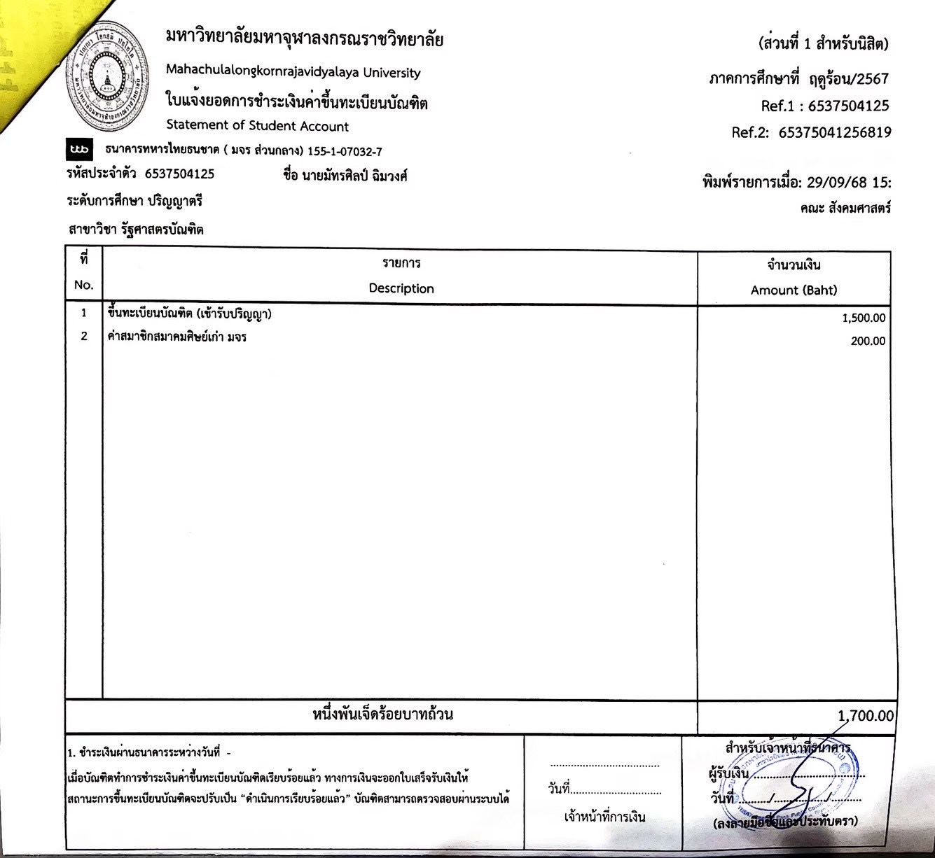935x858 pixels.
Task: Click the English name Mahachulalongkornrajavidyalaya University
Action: pos(293,72)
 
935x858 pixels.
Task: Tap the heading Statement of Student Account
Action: pos(257,126)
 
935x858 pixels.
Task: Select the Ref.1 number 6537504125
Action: pos(848,106)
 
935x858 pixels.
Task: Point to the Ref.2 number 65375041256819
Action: pos(835,132)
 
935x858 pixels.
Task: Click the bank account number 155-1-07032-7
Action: pos(345,151)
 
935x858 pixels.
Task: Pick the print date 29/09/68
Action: pos(837,183)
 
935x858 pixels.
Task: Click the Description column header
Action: pos(401,288)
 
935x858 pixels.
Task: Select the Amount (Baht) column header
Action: pos(794,290)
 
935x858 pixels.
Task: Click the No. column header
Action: pos(83,285)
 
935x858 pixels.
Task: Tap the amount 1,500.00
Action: pos(864,318)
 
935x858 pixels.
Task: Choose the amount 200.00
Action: pos(868,342)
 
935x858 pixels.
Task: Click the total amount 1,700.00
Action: pos(866,716)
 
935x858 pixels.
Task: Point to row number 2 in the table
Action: pos(84,337)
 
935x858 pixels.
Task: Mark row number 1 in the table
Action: pos(84,314)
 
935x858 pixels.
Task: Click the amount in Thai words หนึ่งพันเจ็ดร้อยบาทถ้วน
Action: pos(382,715)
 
